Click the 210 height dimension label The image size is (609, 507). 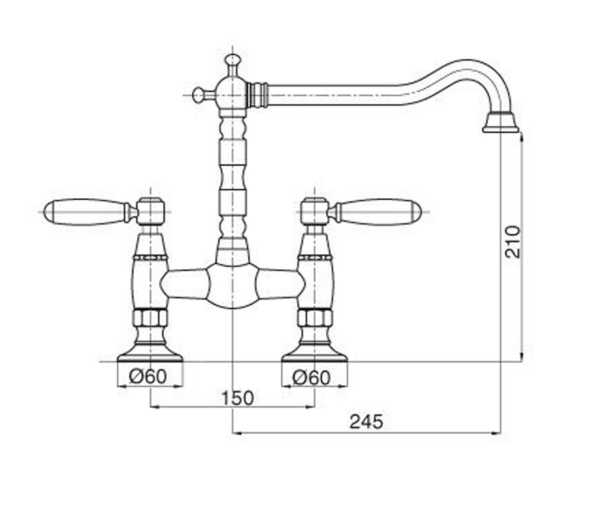[x=513, y=241]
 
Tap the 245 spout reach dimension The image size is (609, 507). [x=366, y=421]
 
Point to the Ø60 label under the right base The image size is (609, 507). [x=312, y=377]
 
